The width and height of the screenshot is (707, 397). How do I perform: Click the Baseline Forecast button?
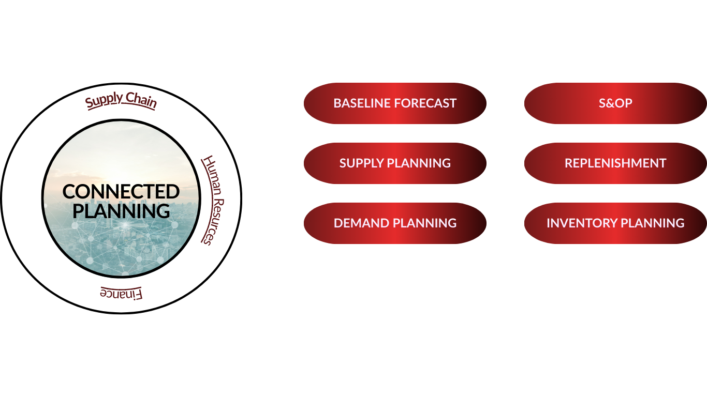395,103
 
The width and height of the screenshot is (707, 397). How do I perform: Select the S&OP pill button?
615,103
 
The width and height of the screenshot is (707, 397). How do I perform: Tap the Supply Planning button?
395,163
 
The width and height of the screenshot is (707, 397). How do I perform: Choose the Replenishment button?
615,163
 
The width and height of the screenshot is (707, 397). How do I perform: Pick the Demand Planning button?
395,223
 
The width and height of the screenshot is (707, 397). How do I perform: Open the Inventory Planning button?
615,223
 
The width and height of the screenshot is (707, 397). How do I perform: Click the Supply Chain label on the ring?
121,100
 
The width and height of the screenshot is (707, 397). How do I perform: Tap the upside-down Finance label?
121,293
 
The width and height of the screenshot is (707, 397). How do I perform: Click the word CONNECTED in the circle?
121,192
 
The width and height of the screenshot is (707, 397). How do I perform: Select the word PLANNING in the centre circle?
121,211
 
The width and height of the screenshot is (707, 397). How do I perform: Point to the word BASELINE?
362,103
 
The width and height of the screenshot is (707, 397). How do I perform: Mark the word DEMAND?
361,223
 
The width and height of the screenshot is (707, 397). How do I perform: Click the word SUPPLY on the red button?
361,163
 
